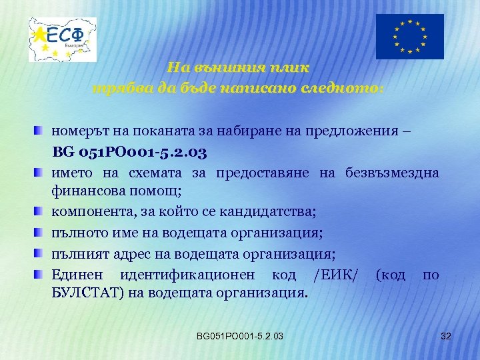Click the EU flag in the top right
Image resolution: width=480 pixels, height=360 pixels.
click(409, 37)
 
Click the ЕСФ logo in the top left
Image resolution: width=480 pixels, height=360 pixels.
click(63, 39)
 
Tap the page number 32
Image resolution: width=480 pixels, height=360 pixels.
click(446, 336)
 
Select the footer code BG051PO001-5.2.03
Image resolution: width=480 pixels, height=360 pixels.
click(240, 336)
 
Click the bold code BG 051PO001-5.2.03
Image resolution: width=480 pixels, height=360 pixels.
click(131, 152)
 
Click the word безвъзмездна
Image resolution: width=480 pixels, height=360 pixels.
click(393, 173)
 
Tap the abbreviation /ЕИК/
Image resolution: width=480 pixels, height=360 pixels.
click(333, 274)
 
